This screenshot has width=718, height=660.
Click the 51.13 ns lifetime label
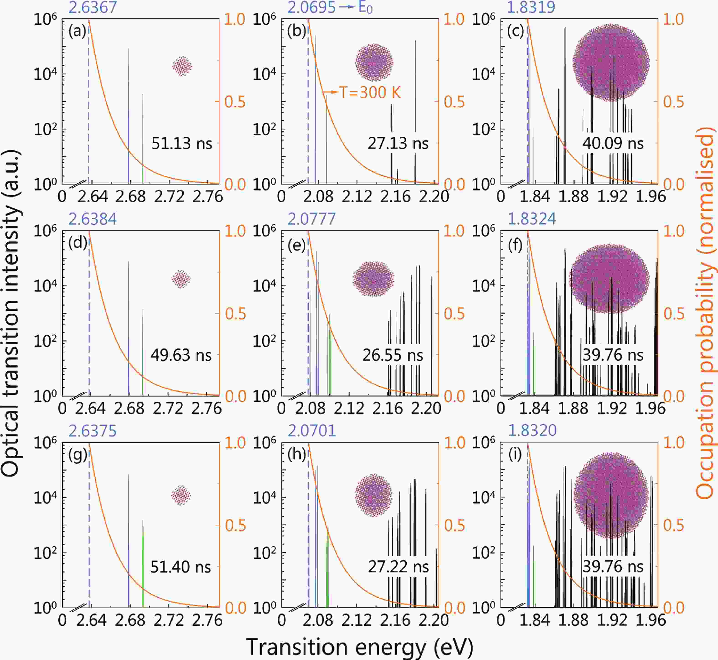(182, 143)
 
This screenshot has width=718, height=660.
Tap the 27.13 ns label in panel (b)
(398, 143)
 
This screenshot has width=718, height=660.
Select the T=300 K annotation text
(370, 92)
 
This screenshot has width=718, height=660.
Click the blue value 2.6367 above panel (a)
(93, 7)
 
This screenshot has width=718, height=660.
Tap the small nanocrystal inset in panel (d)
(181, 279)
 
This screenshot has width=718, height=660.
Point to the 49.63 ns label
(181, 355)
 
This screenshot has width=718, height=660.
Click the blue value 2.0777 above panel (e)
(312, 219)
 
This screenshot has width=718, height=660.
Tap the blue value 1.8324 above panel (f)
(532, 219)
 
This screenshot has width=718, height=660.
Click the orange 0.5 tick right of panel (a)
(235, 102)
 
